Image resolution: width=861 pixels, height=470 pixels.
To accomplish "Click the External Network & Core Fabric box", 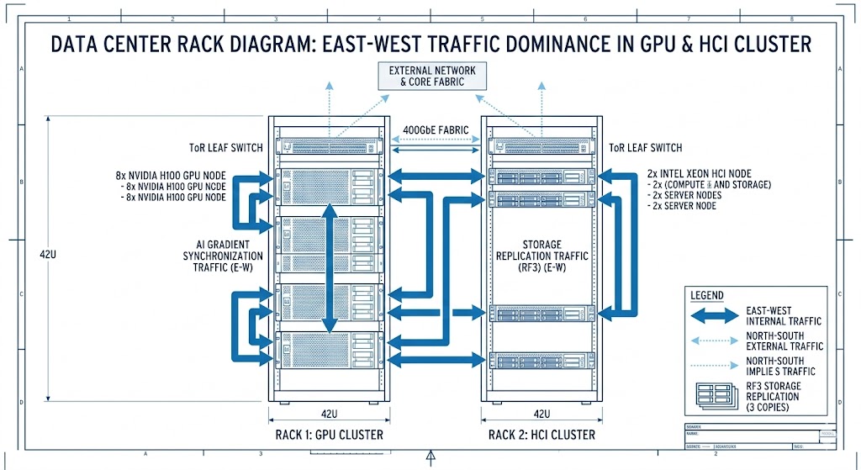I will click(430, 77).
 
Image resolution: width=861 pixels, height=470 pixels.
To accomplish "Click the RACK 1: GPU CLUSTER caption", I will click(329, 435).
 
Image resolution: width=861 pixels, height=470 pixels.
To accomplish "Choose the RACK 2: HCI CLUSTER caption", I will click(541, 435).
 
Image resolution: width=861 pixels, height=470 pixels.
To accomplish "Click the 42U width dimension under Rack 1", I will click(329, 414).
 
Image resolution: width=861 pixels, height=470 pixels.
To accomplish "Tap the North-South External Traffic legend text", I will click(784, 341).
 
